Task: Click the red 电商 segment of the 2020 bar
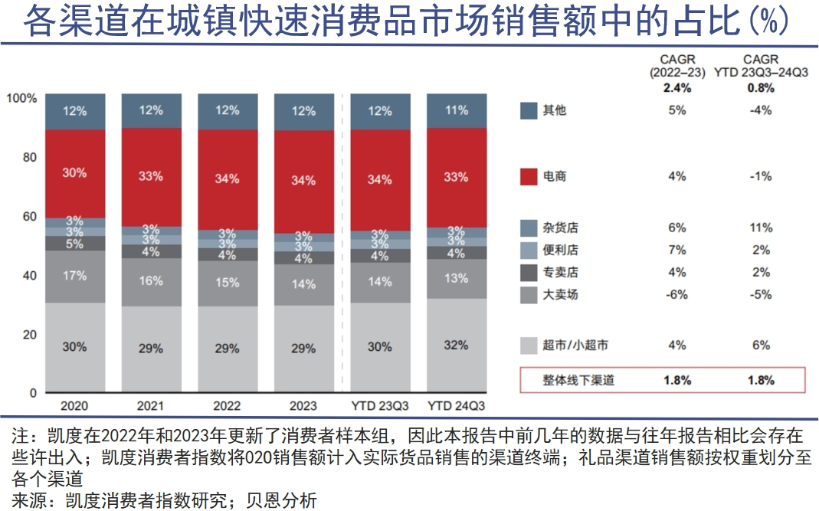point(74,173)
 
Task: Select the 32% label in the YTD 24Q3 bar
point(456,346)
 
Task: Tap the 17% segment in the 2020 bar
point(74,276)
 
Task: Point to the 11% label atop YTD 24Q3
point(456,110)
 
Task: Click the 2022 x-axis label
point(228,405)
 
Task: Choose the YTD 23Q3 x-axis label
point(380,405)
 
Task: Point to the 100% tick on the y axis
point(21,98)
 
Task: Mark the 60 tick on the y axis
point(29,217)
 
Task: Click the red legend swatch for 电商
point(529,177)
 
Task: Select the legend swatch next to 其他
point(529,110)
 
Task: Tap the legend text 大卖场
point(559,295)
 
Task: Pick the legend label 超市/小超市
point(575,346)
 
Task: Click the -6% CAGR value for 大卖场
point(676,295)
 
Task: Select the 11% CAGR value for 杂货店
point(761,228)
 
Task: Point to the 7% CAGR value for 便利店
point(676,251)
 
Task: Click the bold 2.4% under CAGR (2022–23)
point(676,87)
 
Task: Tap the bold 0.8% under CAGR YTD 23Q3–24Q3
point(761,87)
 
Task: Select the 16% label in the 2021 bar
point(151,281)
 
